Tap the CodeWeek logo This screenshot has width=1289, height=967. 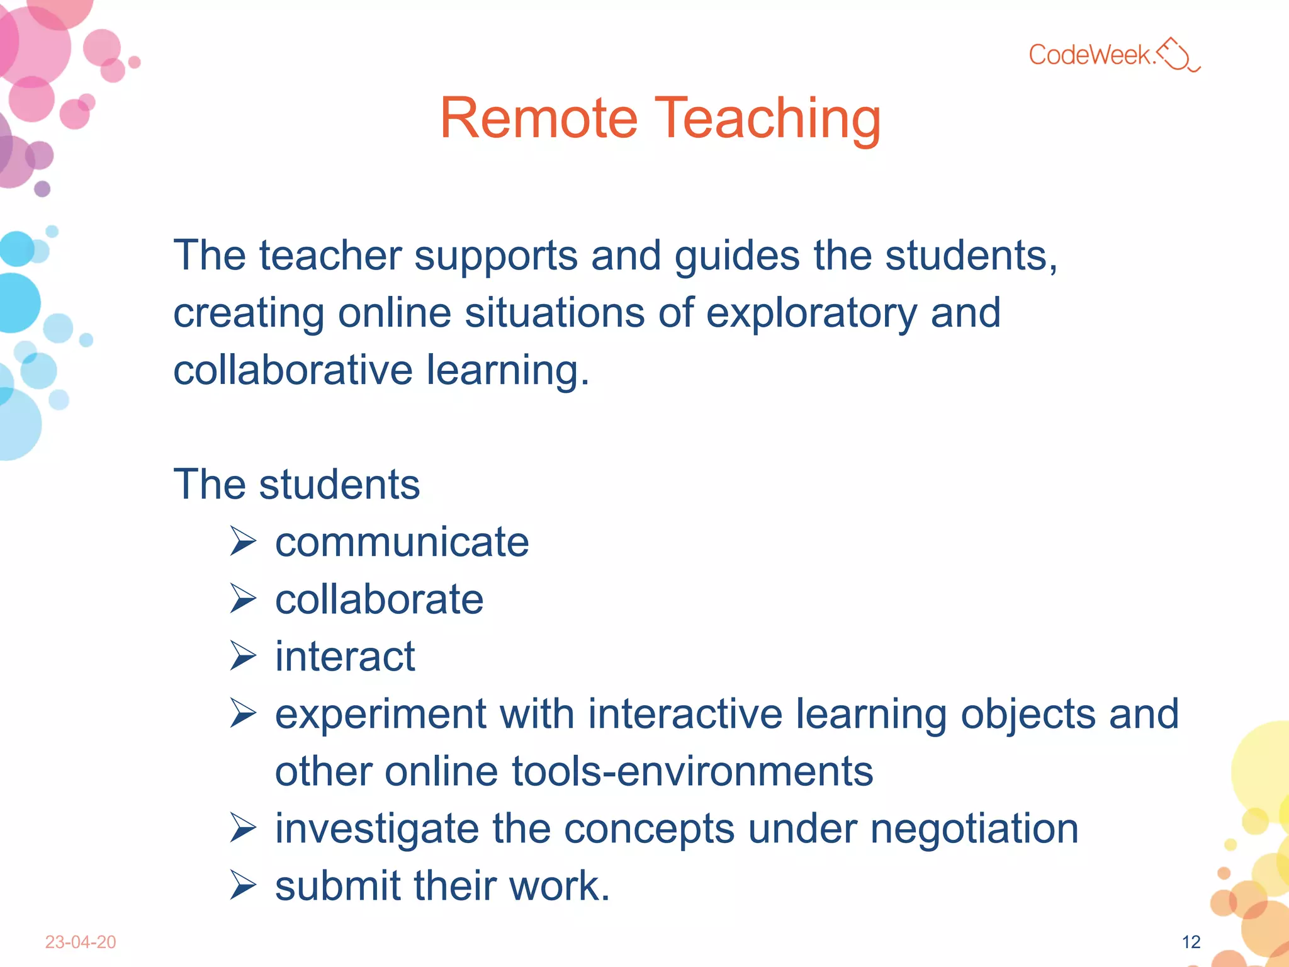(1114, 55)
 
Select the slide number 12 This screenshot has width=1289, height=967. (1191, 942)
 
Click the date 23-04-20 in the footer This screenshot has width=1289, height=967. (81, 942)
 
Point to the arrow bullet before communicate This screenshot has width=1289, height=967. (243, 541)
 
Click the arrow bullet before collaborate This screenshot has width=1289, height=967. (243, 599)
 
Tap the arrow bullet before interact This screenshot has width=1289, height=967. (243, 656)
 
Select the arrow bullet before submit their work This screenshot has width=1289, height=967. (243, 885)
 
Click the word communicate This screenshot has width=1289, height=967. (402, 542)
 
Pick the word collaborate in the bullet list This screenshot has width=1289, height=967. (379, 599)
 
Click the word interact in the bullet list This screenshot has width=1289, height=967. (345, 657)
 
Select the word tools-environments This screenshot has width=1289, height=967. (692, 771)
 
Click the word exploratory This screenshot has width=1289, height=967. (811, 313)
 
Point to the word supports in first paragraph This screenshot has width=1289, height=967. (495, 257)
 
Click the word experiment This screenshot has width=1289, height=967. (380, 715)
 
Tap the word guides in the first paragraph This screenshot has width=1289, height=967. (737, 256)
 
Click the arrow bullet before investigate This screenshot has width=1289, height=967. (243, 828)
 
